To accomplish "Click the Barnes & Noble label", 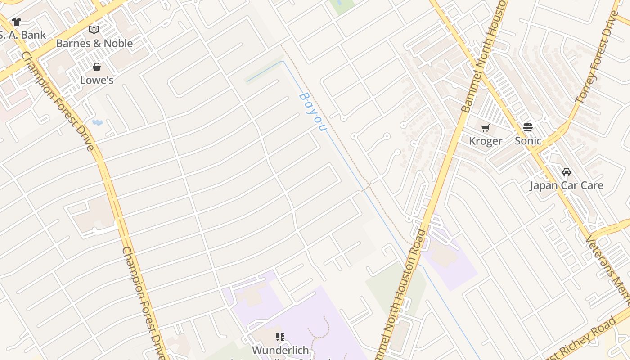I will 94,44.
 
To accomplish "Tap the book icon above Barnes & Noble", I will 94,30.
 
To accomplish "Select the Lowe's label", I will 97,81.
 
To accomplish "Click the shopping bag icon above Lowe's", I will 97,67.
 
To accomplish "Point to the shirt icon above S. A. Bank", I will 17,22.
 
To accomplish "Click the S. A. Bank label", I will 22,35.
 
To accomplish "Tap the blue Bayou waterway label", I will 312,112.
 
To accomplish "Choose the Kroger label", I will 486,141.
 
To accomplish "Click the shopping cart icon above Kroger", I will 486,128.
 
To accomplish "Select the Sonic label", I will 528,141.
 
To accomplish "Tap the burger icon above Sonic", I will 528,127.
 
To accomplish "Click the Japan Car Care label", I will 566,185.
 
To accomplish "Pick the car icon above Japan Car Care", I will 567,172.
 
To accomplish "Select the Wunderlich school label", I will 280,350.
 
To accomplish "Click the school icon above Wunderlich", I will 280,337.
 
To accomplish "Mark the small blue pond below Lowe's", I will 97,122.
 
